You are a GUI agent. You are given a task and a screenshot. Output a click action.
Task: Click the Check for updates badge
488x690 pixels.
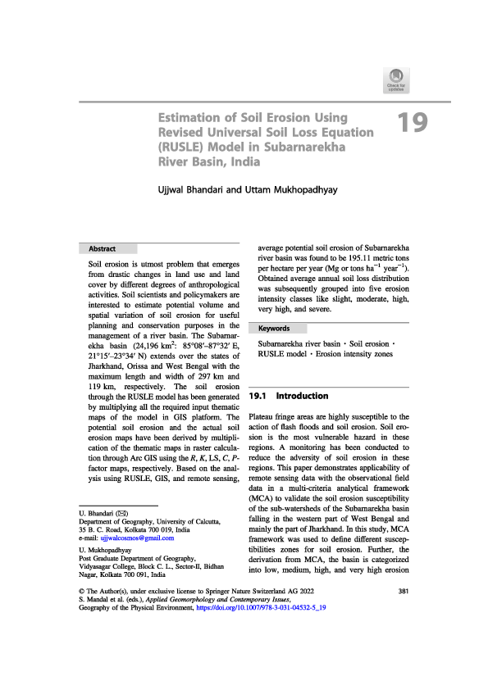click(395, 82)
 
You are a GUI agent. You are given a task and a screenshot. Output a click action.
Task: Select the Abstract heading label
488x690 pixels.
click(103, 248)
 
